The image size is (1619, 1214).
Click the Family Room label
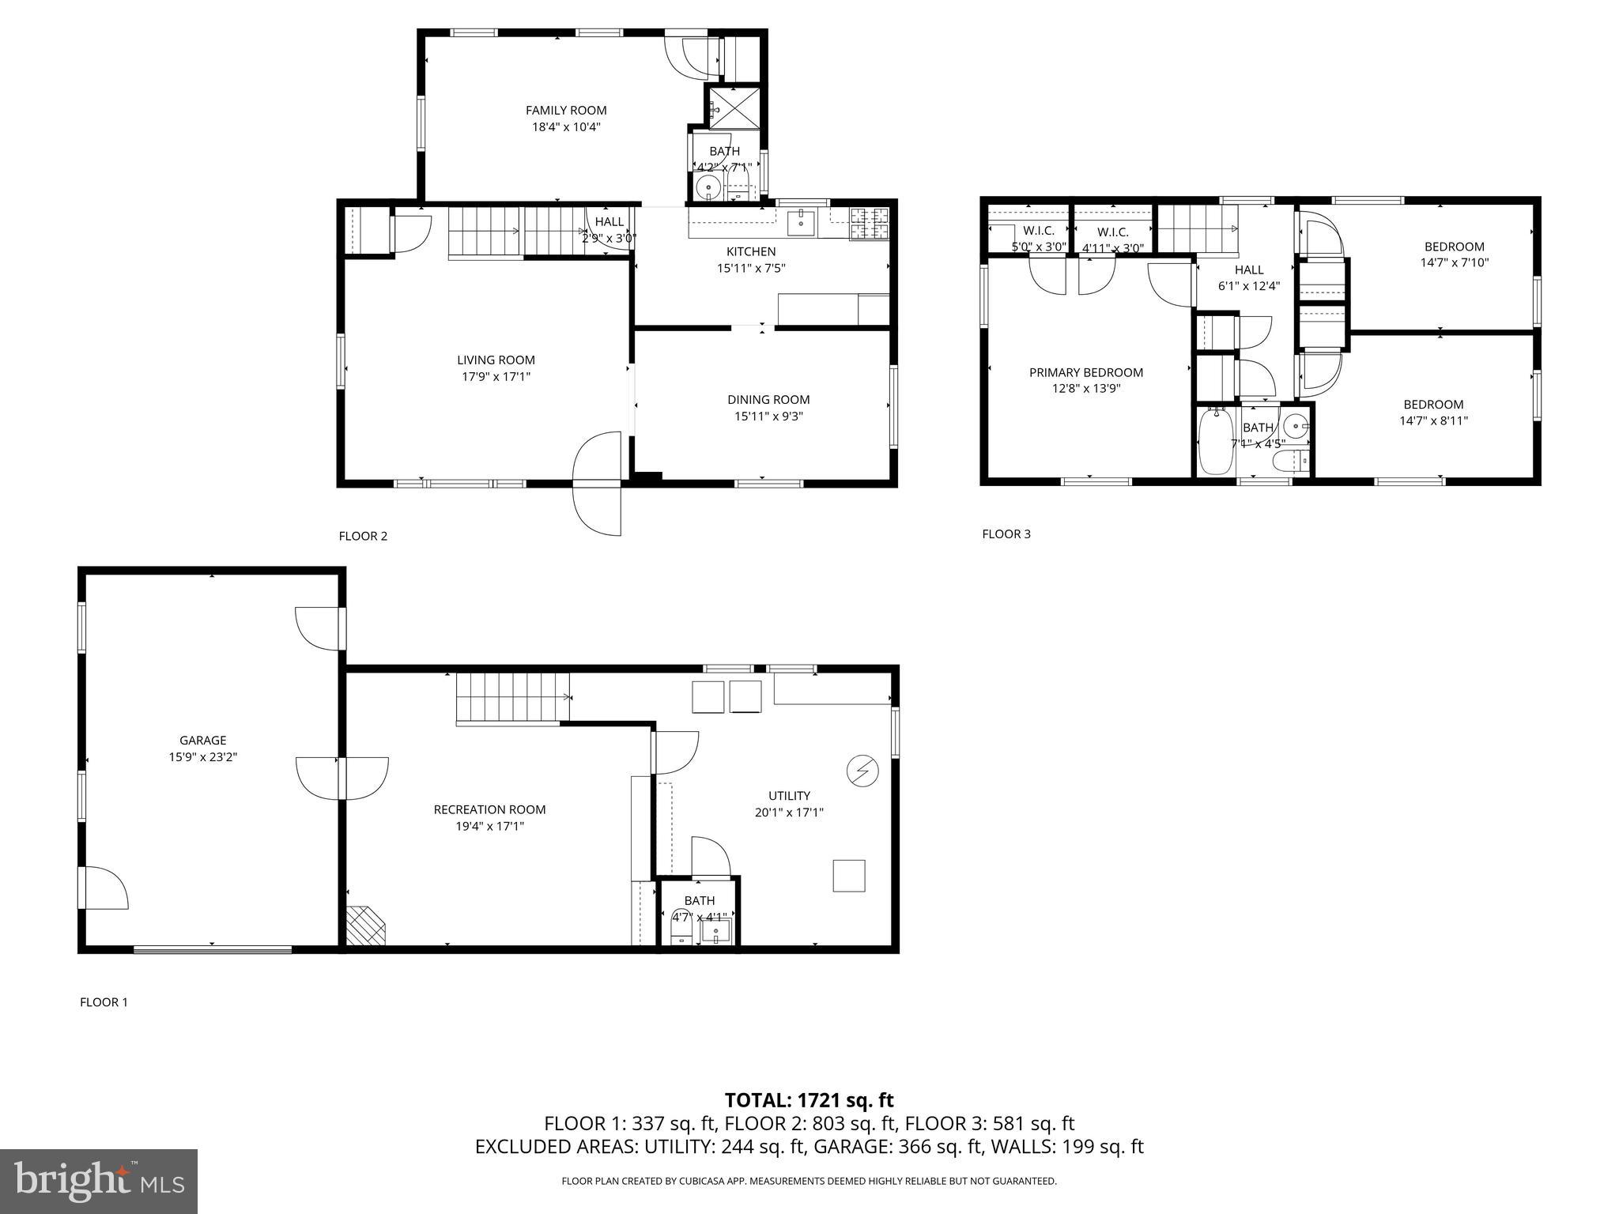click(566, 111)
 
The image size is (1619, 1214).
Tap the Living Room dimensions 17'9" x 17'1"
click(496, 377)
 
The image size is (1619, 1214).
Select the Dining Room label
click(768, 400)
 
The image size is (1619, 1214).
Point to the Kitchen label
click(751, 252)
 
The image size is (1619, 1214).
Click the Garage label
click(202, 741)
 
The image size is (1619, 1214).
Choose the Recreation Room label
click(489, 809)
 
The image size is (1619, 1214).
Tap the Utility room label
click(789, 796)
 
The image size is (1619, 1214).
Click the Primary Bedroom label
click(1085, 372)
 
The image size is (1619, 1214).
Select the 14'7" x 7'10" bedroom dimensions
click(1454, 262)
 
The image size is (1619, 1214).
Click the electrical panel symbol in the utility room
click(862, 771)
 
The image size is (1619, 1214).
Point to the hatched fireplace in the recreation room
click(365, 926)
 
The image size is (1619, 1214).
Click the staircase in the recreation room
click(512, 697)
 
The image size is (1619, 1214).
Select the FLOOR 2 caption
click(363, 536)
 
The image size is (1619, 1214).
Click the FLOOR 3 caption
click(1006, 533)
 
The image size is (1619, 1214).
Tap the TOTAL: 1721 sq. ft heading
click(809, 1100)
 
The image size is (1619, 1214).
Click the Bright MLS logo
click(99, 1181)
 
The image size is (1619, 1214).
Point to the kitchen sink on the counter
click(802, 222)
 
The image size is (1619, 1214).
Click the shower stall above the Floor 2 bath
click(734, 108)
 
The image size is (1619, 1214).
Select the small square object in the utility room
click(848, 876)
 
